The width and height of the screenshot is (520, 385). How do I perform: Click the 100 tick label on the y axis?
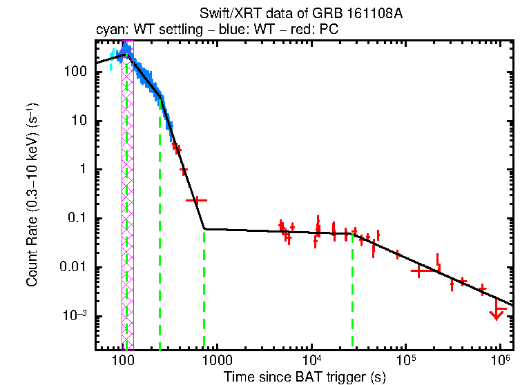tap(76, 72)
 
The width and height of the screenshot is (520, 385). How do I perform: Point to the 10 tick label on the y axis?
tap(80, 121)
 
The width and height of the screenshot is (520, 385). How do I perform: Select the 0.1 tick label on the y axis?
tap(77, 219)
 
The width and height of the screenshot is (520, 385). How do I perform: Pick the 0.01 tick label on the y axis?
tap(75, 268)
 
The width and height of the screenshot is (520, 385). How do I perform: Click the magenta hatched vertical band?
tap(127, 207)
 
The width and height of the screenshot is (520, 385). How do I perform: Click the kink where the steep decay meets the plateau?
tap(204, 228)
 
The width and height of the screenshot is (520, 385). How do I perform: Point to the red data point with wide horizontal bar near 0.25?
tap(196, 200)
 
